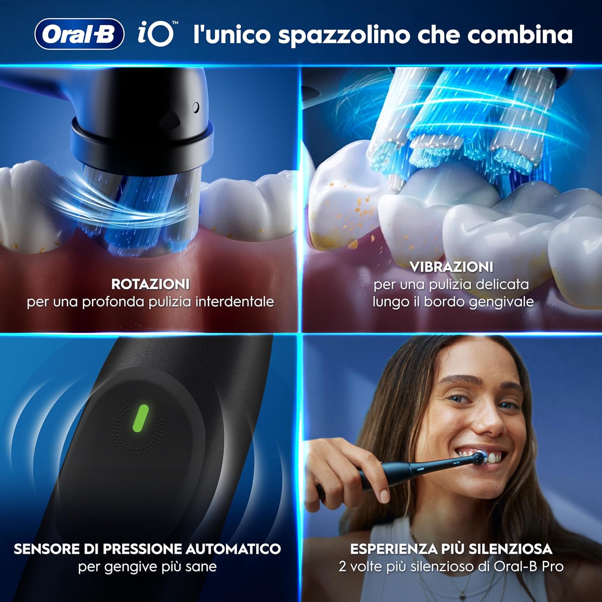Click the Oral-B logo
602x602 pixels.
[x=79, y=34]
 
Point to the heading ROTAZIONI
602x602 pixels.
[x=150, y=284]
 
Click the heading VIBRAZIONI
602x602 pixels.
[x=451, y=267]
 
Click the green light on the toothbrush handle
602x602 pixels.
[x=140, y=418]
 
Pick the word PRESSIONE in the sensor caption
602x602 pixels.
[x=142, y=549]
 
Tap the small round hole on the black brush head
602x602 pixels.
[x=196, y=107]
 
